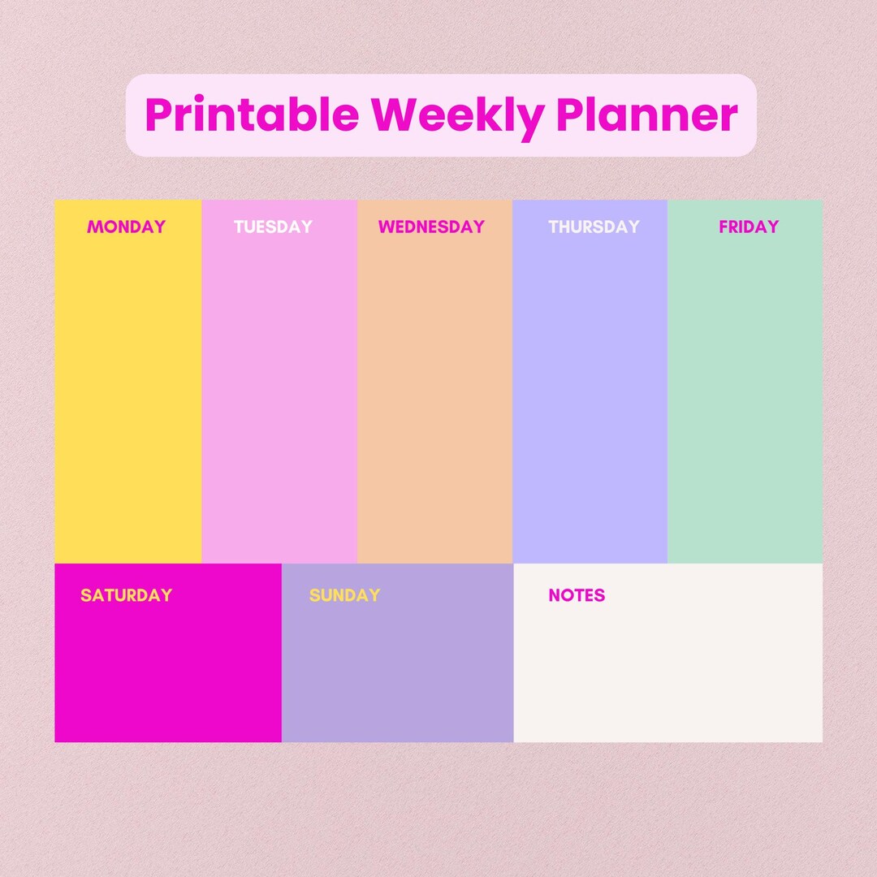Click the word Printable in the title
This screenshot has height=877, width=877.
pyautogui.click(x=252, y=115)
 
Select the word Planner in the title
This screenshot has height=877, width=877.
pyautogui.click(x=649, y=115)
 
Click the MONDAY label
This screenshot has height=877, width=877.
pyautogui.click(x=126, y=227)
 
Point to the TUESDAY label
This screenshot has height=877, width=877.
pyautogui.click(x=273, y=227)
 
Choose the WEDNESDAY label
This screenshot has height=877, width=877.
pyautogui.click(x=431, y=227)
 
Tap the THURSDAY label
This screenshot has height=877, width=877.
pyautogui.click(x=594, y=227)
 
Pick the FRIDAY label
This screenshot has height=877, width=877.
pyautogui.click(x=749, y=227)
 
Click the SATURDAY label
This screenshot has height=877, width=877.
pyautogui.click(x=126, y=595)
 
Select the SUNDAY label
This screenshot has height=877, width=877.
pyautogui.click(x=344, y=595)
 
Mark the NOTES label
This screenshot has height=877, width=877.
pyautogui.click(x=577, y=595)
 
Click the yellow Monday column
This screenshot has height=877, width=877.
pyautogui.click(x=127, y=398)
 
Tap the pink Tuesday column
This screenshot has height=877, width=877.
pyautogui.click(x=279, y=398)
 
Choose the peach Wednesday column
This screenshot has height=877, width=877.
pyautogui.click(x=434, y=398)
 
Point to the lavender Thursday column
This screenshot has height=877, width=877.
pyautogui.click(x=590, y=398)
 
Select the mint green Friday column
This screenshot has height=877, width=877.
pyautogui.click(x=745, y=398)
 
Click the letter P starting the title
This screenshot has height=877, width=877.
pyautogui.click(x=158, y=115)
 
